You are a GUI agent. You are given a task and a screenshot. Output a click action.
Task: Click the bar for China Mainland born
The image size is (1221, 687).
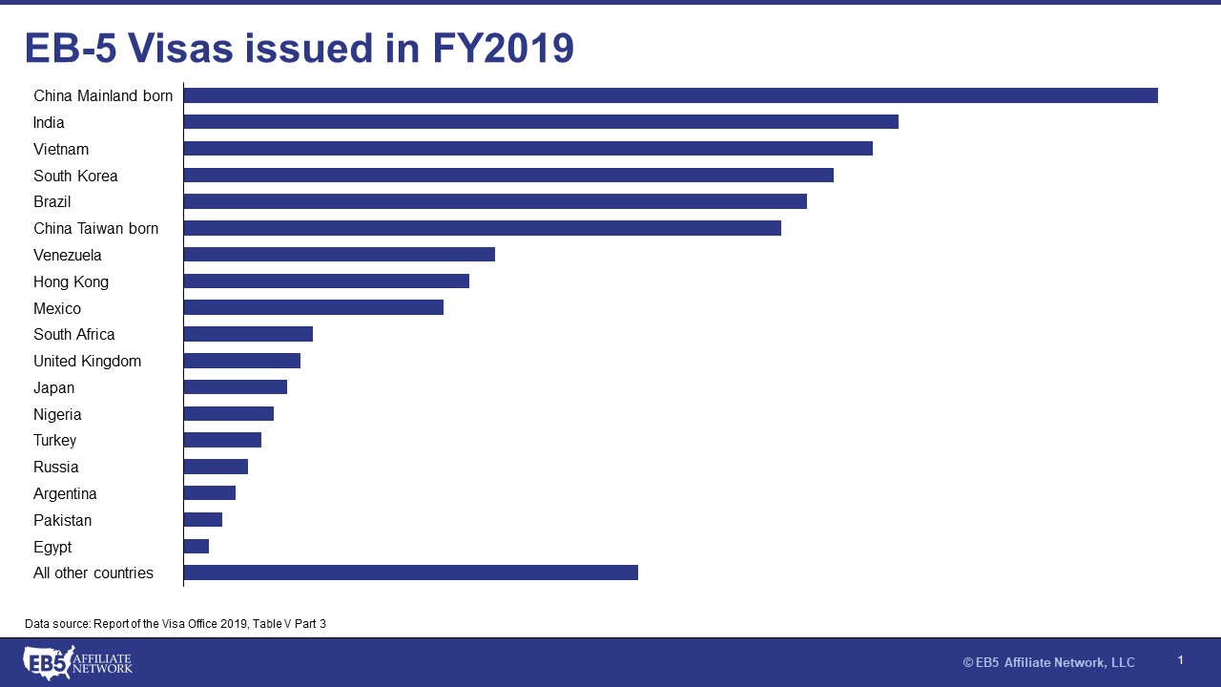pyautogui.click(x=670, y=95)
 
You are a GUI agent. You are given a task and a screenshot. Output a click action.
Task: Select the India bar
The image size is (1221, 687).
pyautogui.click(x=541, y=122)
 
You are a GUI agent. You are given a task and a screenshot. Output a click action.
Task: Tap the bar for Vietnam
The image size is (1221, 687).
pyautogui.click(x=528, y=149)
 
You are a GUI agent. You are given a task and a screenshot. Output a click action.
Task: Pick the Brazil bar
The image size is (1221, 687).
pyautogui.click(x=495, y=201)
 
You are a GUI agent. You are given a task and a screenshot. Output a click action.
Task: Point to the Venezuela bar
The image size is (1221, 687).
pyautogui.click(x=339, y=255)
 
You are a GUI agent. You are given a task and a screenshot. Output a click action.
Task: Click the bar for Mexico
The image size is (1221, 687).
pyautogui.click(x=313, y=307)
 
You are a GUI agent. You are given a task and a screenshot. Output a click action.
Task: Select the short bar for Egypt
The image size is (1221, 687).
pyautogui.click(x=197, y=546)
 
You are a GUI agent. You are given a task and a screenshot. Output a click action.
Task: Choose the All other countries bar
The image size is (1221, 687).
pyautogui.click(x=410, y=572)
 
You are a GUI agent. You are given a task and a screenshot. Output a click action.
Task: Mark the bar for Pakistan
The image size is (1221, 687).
pyautogui.click(x=203, y=519)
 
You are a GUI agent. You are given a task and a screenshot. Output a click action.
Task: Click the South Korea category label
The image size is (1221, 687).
pyautogui.click(x=75, y=176)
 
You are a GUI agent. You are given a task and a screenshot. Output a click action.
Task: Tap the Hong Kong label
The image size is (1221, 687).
pyautogui.click(x=71, y=281)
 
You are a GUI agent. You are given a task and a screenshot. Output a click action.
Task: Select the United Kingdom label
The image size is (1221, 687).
pyautogui.click(x=87, y=361)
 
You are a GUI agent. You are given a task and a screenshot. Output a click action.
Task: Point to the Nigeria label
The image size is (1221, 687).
pyautogui.click(x=57, y=414)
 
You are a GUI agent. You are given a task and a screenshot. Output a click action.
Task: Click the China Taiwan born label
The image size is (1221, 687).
pyautogui.click(x=95, y=228)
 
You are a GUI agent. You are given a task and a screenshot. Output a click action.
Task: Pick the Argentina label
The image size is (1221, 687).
pyautogui.click(x=65, y=493)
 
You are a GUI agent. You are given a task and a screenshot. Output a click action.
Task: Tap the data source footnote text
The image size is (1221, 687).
pyautogui.click(x=176, y=623)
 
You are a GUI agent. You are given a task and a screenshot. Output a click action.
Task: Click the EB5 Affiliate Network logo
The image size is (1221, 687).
pyautogui.click(x=77, y=662)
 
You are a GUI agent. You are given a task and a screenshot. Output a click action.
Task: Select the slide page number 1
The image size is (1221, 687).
pyautogui.click(x=1180, y=660)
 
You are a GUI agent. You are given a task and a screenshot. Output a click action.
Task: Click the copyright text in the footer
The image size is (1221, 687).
pyautogui.click(x=1048, y=662)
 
